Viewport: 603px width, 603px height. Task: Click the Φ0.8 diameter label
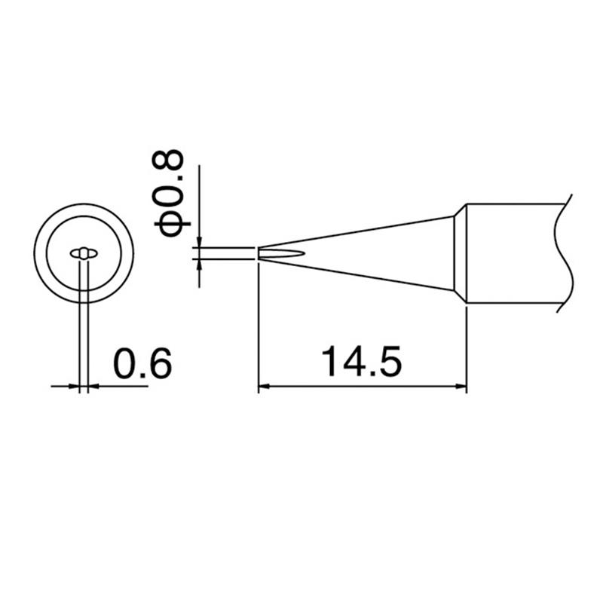pyautogui.click(x=168, y=193)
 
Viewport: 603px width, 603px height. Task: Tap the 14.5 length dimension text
pyautogui.click(x=362, y=362)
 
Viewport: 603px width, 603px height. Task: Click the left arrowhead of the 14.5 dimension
pyautogui.click(x=263, y=387)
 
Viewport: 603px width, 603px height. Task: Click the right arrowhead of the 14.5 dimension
pyautogui.click(x=461, y=387)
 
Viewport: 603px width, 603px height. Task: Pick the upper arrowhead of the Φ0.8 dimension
pyautogui.click(x=199, y=242)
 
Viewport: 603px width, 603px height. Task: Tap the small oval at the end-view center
pyautogui.click(x=84, y=253)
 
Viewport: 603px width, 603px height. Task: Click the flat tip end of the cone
pyautogui.click(x=259, y=253)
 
